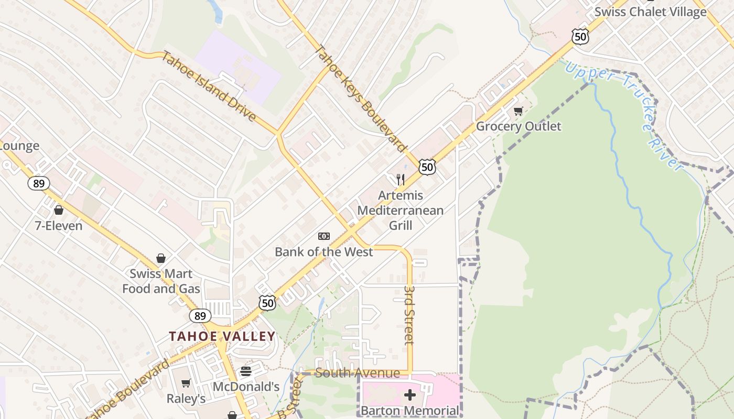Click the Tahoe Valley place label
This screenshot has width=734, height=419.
[x=222, y=336]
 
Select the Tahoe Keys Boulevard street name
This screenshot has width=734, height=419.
[x=361, y=99]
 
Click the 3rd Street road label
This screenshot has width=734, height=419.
[x=409, y=315]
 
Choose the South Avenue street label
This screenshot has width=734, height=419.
[x=358, y=373]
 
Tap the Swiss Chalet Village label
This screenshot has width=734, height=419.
[x=650, y=12]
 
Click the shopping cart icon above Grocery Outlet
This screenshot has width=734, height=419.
[x=518, y=111]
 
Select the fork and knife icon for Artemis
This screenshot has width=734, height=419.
[x=401, y=180]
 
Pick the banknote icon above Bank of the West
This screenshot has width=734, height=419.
[x=324, y=236]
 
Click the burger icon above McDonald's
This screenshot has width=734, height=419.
[x=246, y=371]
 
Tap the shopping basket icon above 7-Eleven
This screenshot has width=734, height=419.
[x=59, y=210]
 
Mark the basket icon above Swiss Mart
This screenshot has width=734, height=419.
[x=161, y=258]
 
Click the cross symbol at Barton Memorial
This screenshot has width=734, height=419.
[x=410, y=394]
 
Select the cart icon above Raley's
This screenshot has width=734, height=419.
[x=186, y=383]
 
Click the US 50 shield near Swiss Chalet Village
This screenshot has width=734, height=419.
[x=580, y=36]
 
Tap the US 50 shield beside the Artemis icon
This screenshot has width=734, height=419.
[x=427, y=167]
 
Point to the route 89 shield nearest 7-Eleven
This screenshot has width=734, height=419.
[x=39, y=183]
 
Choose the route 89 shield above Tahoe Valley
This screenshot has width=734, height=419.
[x=200, y=315]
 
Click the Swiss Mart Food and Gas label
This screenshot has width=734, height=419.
[x=161, y=281]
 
